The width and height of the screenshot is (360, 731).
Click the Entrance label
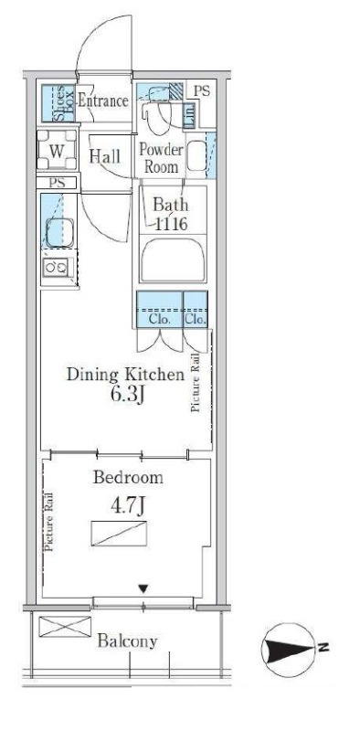coord(102,101)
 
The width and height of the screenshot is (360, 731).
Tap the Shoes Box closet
coord(58,103)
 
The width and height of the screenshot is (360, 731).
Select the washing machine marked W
coord(57,150)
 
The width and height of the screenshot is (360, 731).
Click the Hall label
coord(104,156)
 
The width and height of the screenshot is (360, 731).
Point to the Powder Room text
coord(161,158)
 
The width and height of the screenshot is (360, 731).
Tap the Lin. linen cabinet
coord(189,114)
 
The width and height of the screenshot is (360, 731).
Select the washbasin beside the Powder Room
coord(196,155)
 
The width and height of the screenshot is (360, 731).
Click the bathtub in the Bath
coord(173,260)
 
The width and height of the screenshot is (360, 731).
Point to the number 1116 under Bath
coord(171,224)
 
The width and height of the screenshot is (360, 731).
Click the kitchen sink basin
coord(59,232)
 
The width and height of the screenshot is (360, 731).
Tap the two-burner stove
coord(56,267)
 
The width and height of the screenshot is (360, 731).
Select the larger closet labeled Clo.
coord(160,309)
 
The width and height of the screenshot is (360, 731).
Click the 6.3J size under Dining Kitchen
coord(126,396)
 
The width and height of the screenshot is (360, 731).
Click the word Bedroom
coord(128,478)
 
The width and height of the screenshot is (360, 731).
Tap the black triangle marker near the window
coord(143,589)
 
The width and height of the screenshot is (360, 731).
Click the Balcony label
coord(127,641)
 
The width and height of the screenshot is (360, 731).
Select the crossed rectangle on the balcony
coord(65,626)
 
